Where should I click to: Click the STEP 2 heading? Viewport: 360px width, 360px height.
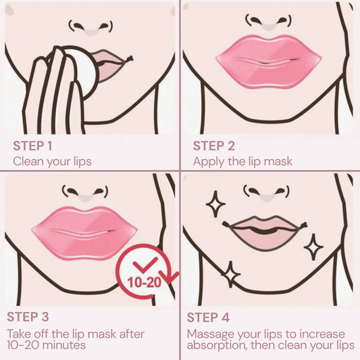[x=214, y=146]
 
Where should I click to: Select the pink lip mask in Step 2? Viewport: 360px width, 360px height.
[x=269, y=60]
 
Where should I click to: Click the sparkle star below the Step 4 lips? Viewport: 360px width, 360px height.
[x=230, y=274]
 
